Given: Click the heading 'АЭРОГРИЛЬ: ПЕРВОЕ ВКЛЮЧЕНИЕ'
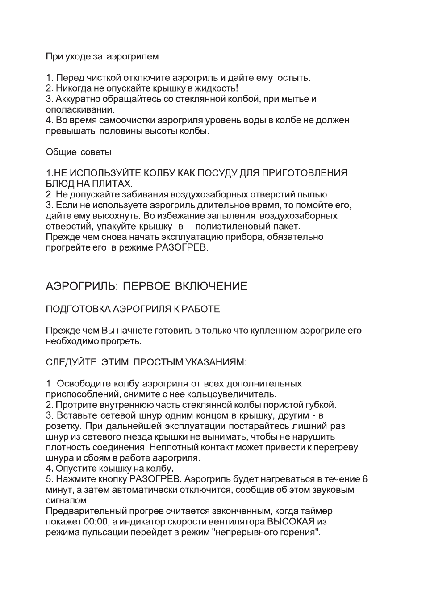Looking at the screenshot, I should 146,286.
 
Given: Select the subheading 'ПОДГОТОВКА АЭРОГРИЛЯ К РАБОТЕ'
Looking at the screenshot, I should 133,309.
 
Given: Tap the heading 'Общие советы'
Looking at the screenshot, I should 79,152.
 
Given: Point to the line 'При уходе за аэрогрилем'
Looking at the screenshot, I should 102,57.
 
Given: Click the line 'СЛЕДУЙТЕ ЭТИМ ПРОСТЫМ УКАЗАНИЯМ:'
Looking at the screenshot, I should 146,362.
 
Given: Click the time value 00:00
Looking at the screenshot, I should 96,522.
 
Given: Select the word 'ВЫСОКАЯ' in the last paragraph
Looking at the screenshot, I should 291,522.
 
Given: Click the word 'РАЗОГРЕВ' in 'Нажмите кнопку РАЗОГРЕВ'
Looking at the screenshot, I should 155,479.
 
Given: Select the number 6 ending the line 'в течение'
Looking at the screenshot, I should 365,479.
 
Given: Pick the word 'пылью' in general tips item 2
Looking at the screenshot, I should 316,195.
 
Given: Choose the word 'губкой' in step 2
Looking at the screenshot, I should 320,405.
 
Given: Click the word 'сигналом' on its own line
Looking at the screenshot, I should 67,501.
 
